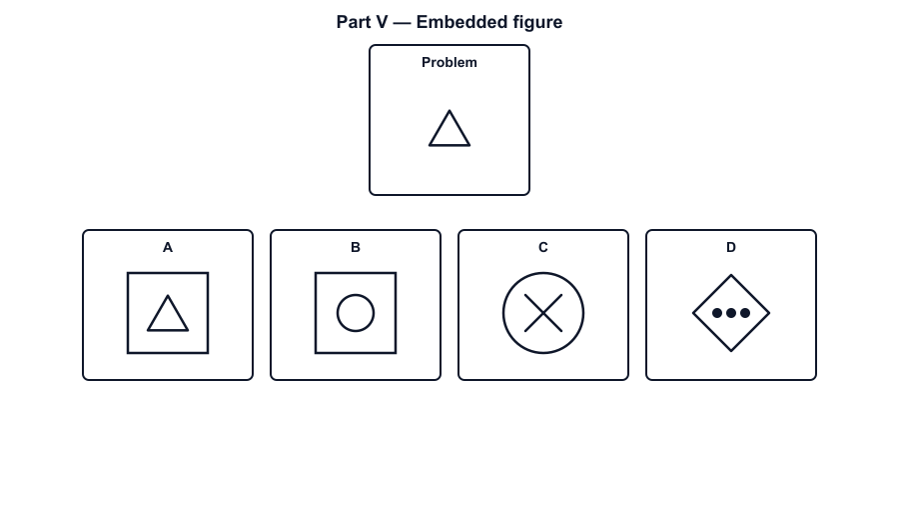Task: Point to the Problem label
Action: coord(449,62)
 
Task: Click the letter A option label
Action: coord(168,247)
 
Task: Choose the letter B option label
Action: coord(356,247)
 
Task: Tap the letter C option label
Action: coord(543,247)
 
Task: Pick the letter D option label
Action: coord(731,247)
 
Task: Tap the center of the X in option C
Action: coord(543,313)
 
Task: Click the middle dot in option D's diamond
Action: coord(731,313)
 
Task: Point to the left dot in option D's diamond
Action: coord(717,313)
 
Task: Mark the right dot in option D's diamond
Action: coord(745,313)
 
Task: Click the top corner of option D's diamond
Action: coord(731,275)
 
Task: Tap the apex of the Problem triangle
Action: coord(449,111)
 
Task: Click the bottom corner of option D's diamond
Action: coord(731,351)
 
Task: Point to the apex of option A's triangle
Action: coord(168,296)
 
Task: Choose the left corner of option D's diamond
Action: coord(693,313)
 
